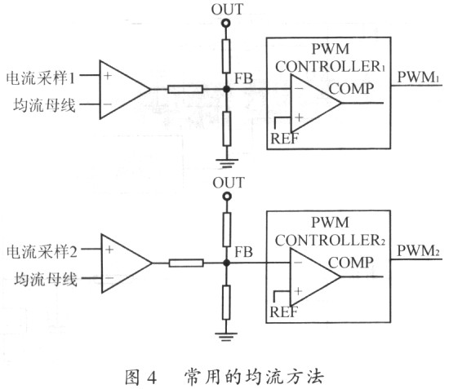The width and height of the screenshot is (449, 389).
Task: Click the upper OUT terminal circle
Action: [x=226, y=23]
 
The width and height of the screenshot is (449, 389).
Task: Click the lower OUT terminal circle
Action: [x=227, y=197]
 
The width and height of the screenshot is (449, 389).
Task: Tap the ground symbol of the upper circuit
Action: [x=227, y=163]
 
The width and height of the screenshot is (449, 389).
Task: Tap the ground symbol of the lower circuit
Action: [x=226, y=337]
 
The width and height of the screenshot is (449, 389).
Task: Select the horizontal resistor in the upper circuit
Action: [x=185, y=89]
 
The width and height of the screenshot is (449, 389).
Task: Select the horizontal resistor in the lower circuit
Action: [x=186, y=263]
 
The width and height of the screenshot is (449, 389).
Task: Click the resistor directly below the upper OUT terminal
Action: [x=226, y=56]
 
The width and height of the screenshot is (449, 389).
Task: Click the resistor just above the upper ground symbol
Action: [x=227, y=129]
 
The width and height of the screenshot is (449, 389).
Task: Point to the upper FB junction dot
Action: [x=226, y=89]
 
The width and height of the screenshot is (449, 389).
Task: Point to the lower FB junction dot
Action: [x=226, y=263]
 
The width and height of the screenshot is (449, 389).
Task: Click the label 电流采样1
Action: [x=41, y=77]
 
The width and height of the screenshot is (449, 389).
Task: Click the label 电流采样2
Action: [x=42, y=252]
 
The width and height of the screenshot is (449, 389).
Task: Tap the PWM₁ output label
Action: [x=418, y=77]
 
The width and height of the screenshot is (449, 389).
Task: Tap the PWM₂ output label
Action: [x=418, y=251]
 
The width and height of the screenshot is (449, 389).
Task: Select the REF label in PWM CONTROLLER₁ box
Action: [x=284, y=139]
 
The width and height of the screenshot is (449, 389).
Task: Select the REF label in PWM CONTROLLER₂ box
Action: [x=284, y=312]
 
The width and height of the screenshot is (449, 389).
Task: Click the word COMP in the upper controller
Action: [x=351, y=89]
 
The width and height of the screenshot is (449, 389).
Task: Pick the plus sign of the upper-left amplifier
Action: [x=108, y=76]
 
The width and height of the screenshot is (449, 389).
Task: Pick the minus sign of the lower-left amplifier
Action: [x=109, y=278]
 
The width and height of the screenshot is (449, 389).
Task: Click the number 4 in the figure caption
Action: [x=152, y=377]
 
